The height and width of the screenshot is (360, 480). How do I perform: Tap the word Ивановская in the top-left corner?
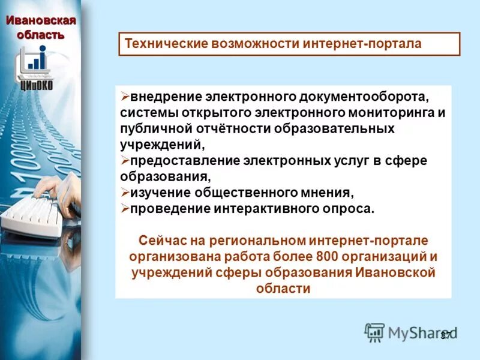click(41, 21)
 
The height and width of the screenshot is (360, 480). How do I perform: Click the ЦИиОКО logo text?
click(37, 85)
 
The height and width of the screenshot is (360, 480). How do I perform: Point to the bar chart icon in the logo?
click(37, 61)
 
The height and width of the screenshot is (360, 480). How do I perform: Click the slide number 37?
click(445, 335)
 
